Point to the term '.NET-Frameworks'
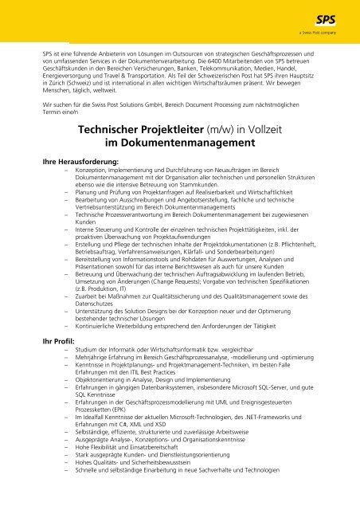tap(266, 419)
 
